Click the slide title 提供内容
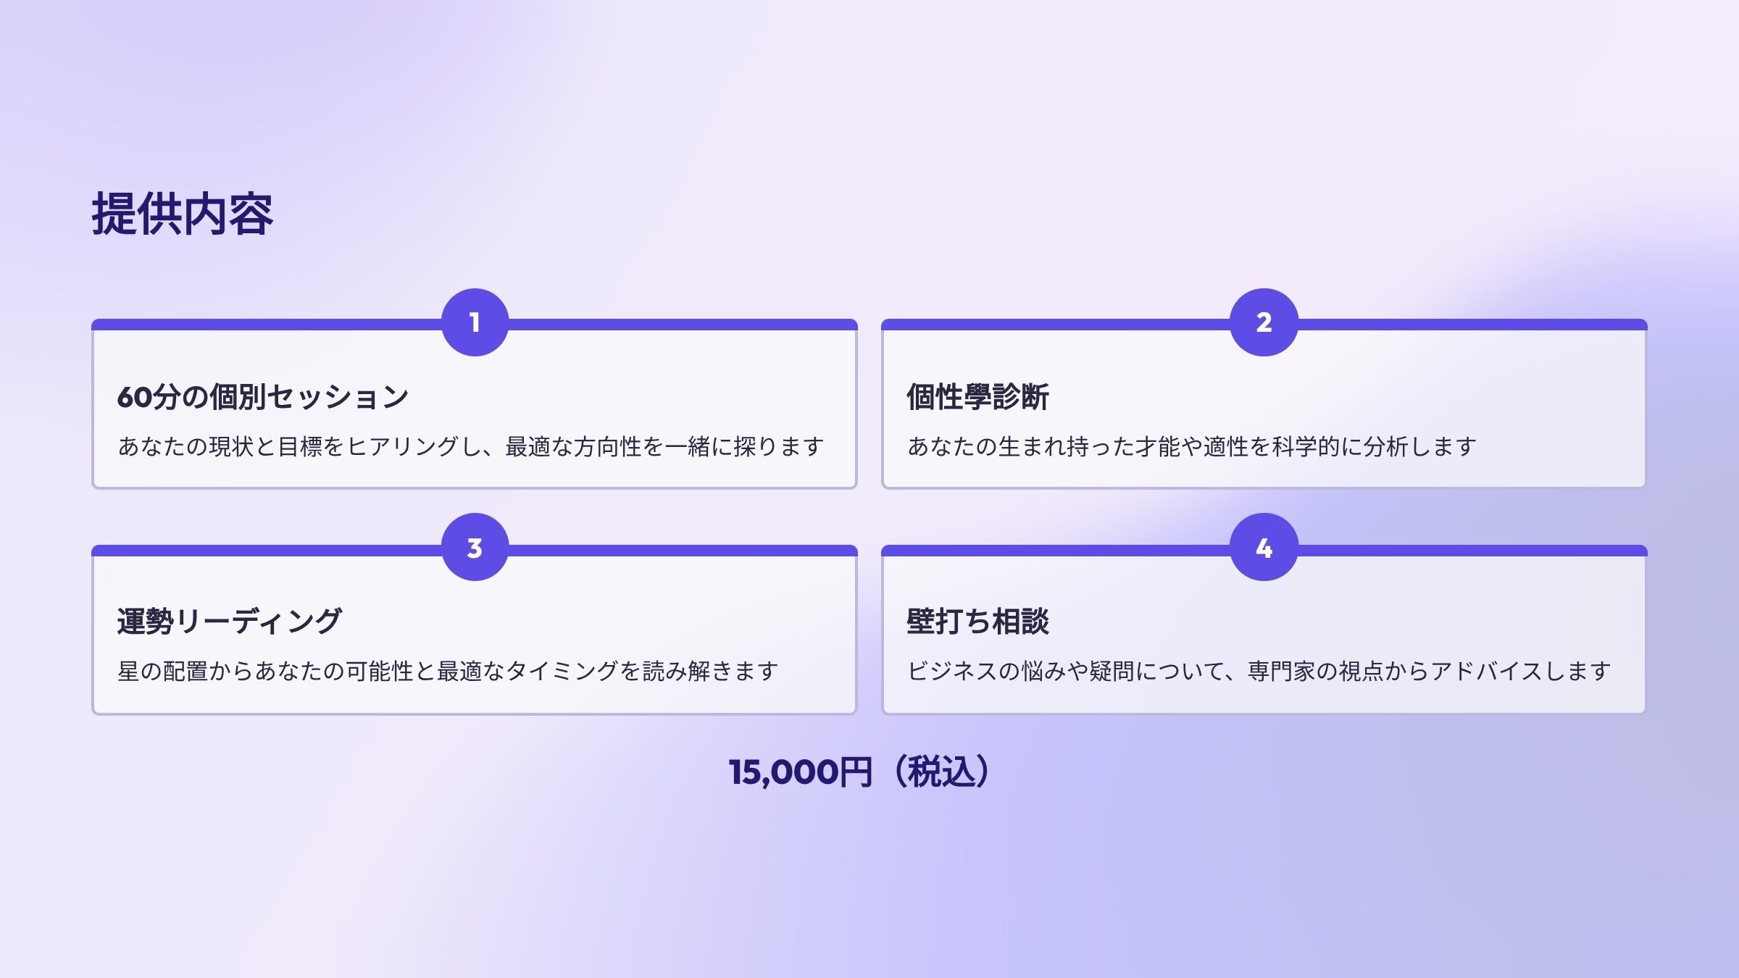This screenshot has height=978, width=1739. (x=182, y=214)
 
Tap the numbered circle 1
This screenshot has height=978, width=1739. (x=475, y=322)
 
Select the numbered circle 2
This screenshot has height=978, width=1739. (x=1264, y=322)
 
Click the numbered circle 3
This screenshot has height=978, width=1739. (x=475, y=548)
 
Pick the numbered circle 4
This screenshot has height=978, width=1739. (x=1264, y=548)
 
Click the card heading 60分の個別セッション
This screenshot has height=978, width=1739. (x=262, y=397)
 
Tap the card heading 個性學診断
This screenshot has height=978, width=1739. (x=977, y=397)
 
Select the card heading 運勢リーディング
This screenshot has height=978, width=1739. (x=229, y=622)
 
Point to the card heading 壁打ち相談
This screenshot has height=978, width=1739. (x=977, y=622)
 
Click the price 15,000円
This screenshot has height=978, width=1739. (x=800, y=772)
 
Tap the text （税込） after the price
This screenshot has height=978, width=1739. (x=941, y=772)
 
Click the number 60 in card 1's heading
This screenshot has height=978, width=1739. (x=135, y=398)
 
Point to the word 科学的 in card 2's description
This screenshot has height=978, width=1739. (x=1305, y=446)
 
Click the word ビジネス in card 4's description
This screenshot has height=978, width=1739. (x=952, y=671)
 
